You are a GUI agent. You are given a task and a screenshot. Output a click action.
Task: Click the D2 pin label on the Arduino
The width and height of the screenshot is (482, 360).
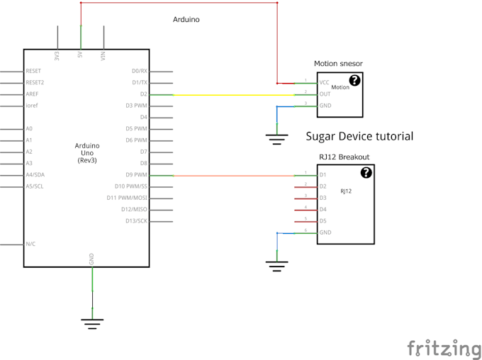pos(144,94)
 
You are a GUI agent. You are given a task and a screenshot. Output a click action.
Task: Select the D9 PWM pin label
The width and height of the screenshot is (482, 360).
pos(137,175)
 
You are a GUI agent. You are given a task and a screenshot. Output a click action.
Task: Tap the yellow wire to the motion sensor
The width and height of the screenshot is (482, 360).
pos(227,94)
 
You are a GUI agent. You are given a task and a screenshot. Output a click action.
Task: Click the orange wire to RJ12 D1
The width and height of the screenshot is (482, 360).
pos(234,175)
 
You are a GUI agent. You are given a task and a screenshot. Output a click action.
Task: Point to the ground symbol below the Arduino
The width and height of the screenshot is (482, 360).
pos(91,323)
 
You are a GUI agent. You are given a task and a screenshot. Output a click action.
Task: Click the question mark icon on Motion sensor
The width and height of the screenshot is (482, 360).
pos(354,81)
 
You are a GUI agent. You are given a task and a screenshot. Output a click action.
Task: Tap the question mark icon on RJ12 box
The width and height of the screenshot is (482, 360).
pos(366,173)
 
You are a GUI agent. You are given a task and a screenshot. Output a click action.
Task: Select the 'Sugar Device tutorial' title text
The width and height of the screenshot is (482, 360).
pos(359,136)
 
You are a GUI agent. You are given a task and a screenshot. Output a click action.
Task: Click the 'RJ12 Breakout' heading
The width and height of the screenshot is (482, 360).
pos(344,157)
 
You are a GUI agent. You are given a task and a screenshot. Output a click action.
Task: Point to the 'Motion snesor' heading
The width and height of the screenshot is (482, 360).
pos(339,64)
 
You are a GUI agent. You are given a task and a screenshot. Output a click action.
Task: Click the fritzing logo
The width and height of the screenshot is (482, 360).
pos(444,348)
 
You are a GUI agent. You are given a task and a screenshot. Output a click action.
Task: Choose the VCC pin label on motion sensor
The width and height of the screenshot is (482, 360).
pos(325,83)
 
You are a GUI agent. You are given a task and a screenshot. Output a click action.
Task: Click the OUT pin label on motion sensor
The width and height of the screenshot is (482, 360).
pos(325,94)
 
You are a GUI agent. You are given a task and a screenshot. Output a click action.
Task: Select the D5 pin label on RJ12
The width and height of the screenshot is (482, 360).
pos(323,221)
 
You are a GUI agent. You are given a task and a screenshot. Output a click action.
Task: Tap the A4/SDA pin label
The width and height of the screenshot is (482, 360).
pos(35,175)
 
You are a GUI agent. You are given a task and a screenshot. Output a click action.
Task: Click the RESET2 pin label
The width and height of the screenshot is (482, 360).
pos(35,83)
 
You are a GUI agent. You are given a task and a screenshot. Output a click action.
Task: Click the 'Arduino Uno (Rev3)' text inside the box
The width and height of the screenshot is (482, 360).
pos(87,153)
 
